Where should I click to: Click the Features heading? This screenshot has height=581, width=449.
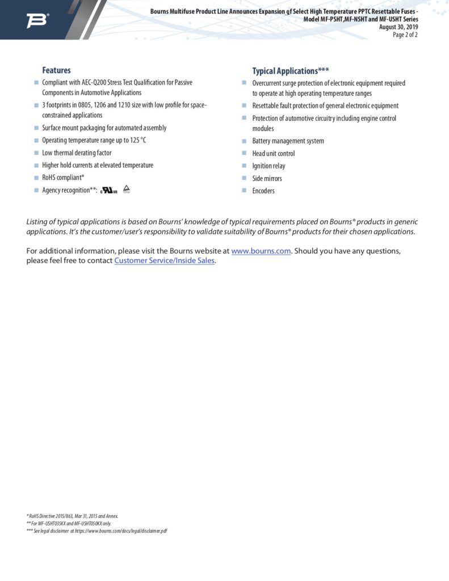click(x=56, y=70)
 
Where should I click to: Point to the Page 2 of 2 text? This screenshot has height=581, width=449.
click(x=405, y=35)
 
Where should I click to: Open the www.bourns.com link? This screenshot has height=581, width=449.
click(x=261, y=251)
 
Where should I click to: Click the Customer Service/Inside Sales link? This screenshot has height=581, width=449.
click(x=165, y=260)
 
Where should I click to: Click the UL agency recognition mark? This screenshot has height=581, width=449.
click(x=109, y=190)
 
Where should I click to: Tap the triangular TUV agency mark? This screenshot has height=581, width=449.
click(x=127, y=189)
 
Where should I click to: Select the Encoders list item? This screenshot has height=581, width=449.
click(x=263, y=191)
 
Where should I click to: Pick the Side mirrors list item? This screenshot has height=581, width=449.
click(x=267, y=179)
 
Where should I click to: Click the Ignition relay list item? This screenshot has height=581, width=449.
click(x=268, y=166)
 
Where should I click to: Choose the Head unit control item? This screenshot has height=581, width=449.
click(x=273, y=154)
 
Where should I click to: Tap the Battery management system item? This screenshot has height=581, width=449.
click(x=288, y=141)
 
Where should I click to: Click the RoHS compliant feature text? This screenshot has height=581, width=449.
click(x=63, y=178)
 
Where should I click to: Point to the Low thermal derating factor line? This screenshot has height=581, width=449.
click(x=77, y=153)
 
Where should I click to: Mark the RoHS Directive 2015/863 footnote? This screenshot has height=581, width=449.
click(x=73, y=516)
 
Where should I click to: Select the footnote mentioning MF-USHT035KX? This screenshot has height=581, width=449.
click(x=69, y=523)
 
